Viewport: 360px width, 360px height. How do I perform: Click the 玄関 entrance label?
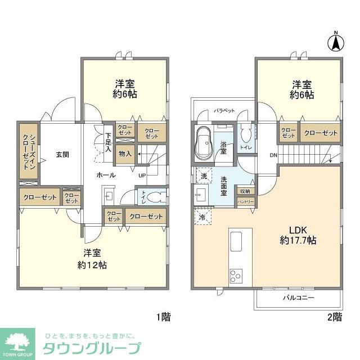[62, 154]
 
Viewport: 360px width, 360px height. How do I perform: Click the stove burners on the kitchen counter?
[235, 276]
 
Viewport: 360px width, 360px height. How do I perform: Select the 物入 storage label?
[125, 154]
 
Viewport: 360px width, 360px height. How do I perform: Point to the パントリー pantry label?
[246, 201]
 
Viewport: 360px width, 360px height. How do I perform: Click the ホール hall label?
[106, 175]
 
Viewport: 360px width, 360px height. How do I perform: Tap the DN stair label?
[273, 155]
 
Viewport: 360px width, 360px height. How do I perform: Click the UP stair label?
[142, 175]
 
